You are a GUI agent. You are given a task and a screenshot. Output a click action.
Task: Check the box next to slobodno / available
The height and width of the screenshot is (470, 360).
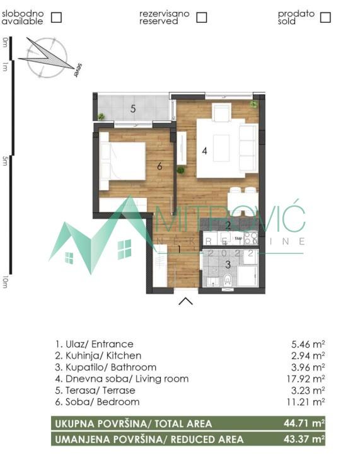[x=56, y=17]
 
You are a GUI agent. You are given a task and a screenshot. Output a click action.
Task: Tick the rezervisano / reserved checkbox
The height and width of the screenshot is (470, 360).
[x=202, y=17]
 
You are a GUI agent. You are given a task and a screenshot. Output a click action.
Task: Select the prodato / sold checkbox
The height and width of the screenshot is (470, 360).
[x=325, y=17]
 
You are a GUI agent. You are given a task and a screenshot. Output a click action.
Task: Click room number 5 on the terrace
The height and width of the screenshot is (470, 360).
[x=133, y=108]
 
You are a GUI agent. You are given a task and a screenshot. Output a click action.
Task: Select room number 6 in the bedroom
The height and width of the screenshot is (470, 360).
[x=160, y=166]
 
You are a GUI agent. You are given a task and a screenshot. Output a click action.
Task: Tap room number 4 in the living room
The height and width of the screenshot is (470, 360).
[x=204, y=151]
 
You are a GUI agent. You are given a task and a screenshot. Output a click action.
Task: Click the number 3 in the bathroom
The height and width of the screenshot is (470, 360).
[x=228, y=264]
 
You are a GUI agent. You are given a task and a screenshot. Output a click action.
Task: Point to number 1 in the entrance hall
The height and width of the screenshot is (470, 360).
[x=179, y=249]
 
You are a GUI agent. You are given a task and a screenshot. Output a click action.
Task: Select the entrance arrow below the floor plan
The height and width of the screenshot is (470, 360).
[x=185, y=301]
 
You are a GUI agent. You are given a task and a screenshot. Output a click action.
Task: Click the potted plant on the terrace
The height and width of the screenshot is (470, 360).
[x=101, y=117]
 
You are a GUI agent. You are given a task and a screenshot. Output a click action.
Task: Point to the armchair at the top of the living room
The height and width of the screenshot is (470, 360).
[x=221, y=112]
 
